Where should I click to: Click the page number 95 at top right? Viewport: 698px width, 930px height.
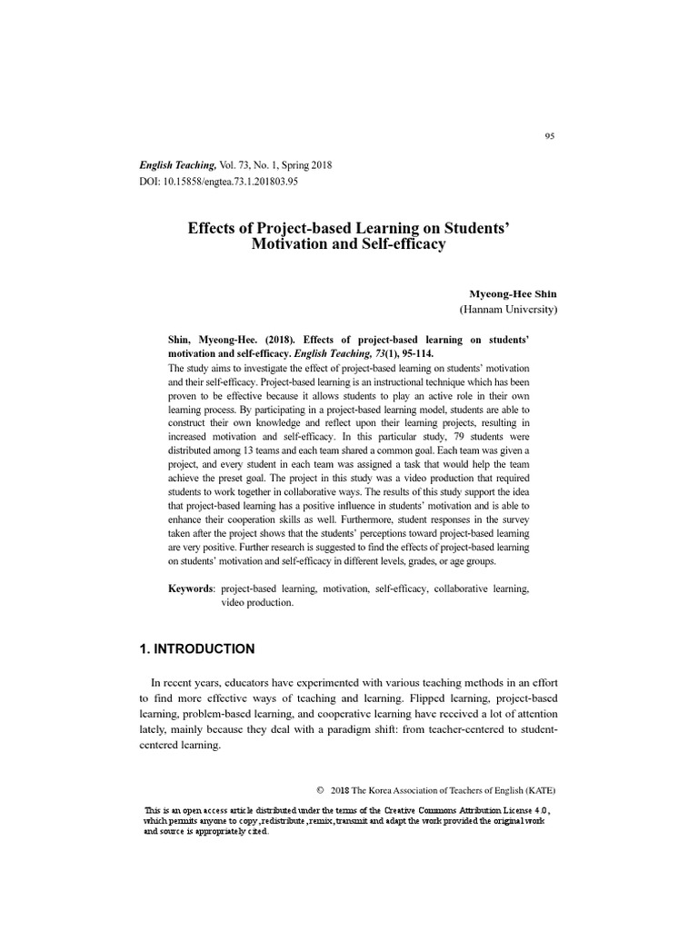point(549,136)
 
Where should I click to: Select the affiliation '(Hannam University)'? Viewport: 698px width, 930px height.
point(508,310)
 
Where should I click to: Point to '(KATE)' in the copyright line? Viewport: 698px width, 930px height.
point(538,788)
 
